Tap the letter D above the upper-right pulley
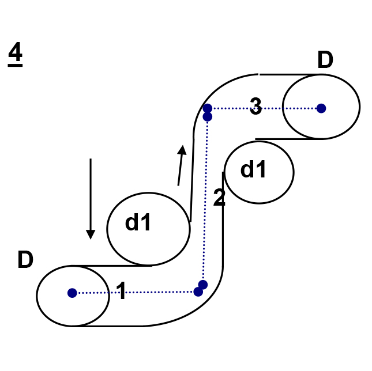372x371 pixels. point(325,60)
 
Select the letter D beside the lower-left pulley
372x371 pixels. point(25,260)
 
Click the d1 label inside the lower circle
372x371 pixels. point(139,222)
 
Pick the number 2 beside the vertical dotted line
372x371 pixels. point(219,198)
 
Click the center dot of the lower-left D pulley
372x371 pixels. point(72,293)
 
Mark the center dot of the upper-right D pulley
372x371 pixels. point(321,108)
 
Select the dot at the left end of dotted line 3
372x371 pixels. point(208,108)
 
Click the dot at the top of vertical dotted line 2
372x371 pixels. point(208,117)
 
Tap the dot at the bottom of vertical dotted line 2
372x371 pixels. point(202,285)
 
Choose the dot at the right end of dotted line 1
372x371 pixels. point(198,292)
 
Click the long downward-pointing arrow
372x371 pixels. point(91,196)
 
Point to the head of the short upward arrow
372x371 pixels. point(183,150)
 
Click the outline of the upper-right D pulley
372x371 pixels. point(359,107)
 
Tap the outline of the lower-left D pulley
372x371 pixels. point(37,296)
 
